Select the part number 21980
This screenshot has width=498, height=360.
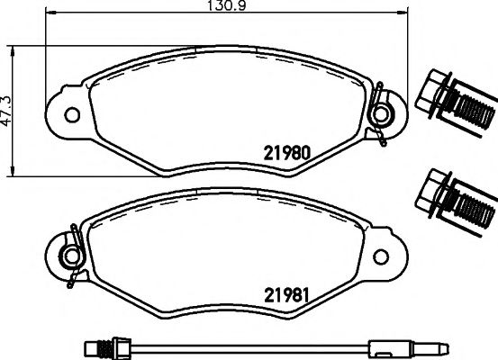tap(285, 153)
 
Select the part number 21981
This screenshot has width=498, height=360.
tap(285, 294)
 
